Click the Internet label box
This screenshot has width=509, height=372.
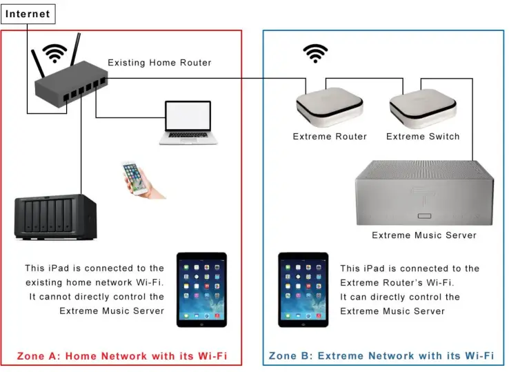(x=28, y=14)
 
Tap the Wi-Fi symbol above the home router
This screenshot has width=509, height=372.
(x=54, y=53)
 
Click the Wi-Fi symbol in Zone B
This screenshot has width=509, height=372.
(x=315, y=53)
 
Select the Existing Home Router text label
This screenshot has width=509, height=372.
(x=159, y=62)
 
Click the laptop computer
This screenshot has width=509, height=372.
(x=188, y=123)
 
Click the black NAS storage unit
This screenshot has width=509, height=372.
(x=55, y=217)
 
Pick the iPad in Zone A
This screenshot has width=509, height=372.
(x=201, y=289)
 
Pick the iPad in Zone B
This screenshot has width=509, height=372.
(x=303, y=289)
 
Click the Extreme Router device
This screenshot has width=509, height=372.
(x=330, y=107)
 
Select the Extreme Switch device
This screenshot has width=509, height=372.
(x=423, y=108)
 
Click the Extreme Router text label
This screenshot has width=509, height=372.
(x=330, y=137)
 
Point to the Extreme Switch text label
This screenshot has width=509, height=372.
(x=423, y=137)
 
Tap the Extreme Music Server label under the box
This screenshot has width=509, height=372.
(x=424, y=235)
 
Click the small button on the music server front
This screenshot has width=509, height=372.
(x=424, y=216)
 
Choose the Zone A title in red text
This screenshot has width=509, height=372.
(x=122, y=356)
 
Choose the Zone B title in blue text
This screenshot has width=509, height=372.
(x=381, y=355)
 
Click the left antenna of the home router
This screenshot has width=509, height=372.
(x=38, y=63)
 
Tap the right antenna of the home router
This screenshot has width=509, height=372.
(x=76, y=49)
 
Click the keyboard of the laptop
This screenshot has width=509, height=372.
(x=188, y=135)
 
